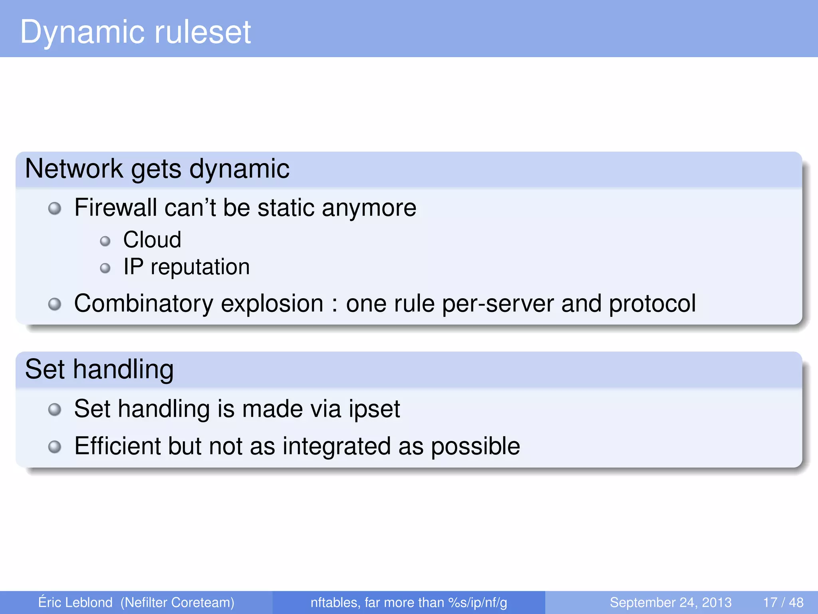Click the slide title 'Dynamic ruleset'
135,32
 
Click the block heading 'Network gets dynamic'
157,169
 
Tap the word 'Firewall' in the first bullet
115,208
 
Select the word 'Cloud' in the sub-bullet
152,240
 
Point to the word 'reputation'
200,267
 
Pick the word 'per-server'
498,303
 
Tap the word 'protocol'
652,303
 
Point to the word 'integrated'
336,446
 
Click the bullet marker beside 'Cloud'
105,241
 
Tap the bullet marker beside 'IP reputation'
105,268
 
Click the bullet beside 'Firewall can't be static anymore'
55,208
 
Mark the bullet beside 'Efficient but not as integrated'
55,447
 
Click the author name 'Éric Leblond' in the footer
75,602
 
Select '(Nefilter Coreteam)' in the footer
177,602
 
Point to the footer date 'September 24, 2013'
670,602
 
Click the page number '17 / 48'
783,602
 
